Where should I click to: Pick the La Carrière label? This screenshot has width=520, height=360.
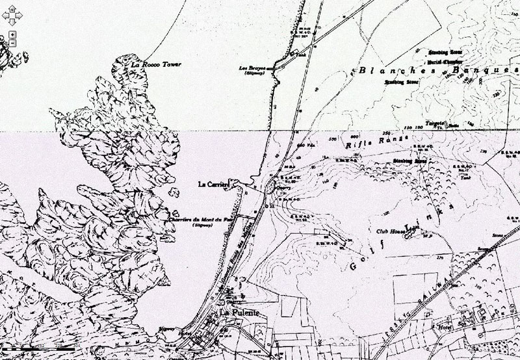click(215, 185)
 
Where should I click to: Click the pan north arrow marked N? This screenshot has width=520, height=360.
click(12, 10)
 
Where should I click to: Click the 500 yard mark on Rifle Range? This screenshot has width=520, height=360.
click(333, 138)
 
